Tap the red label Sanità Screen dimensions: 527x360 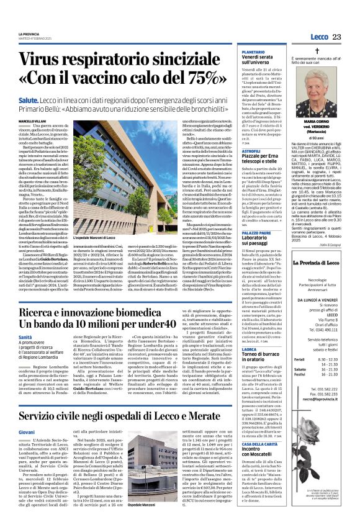click(x=25, y=336)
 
